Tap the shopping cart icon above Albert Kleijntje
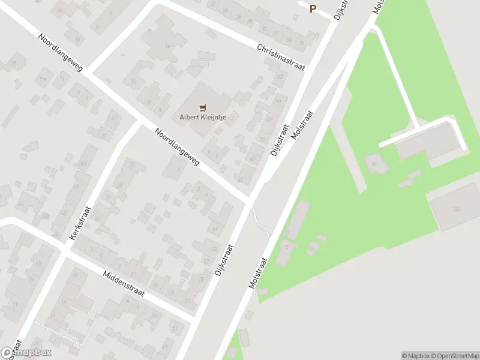[x=203, y=108]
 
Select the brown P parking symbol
[x=313, y=8]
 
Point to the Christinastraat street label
[x=280, y=57]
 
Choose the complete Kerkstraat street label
[x=80, y=223]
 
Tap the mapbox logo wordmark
[x=27, y=353]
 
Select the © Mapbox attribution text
[x=414, y=356]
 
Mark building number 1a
[x=168, y=46]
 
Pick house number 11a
[x=43, y=79]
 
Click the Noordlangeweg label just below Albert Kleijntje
[x=177, y=148]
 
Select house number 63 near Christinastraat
[x=280, y=77]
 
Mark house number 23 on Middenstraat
[x=188, y=300]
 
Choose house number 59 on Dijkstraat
[x=214, y=249]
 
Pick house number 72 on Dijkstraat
[x=262, y=139]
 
